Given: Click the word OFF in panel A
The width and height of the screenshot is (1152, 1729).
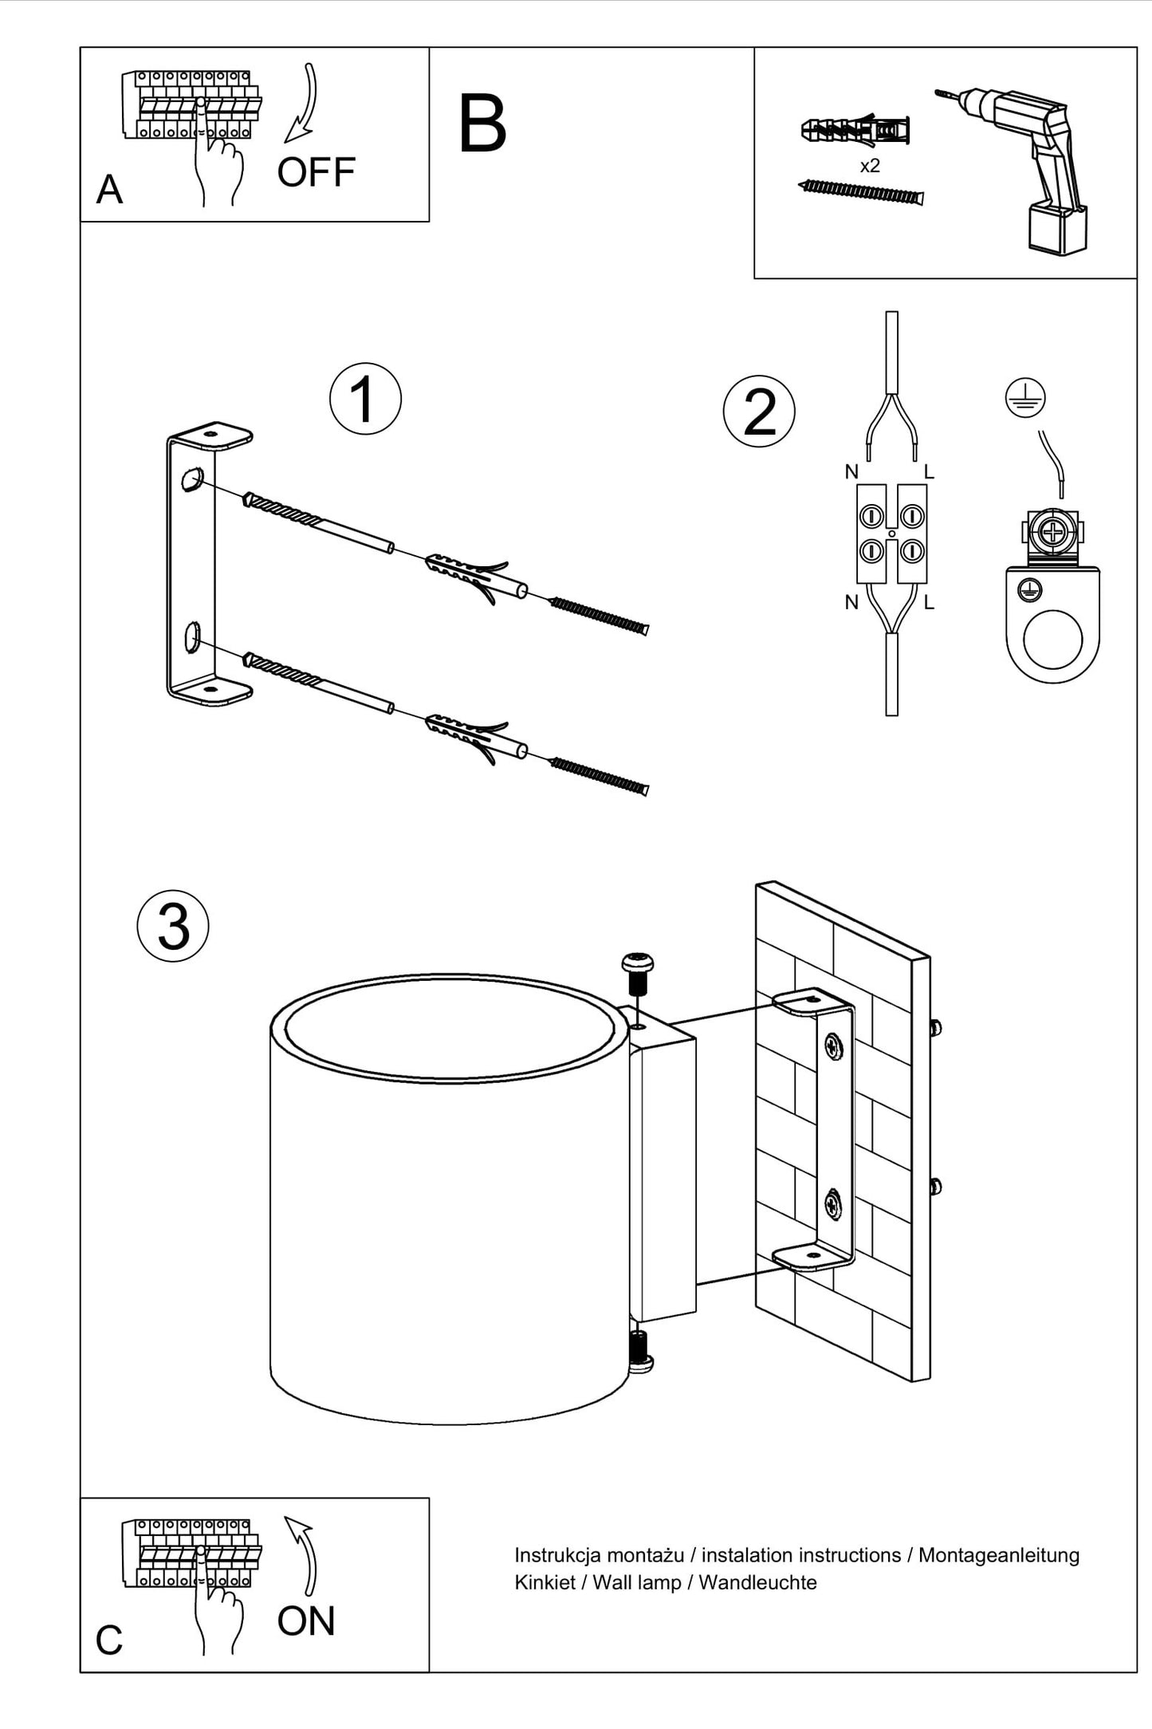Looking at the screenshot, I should (x=316, y=172).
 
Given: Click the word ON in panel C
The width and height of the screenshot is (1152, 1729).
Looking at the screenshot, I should (x=306, y=1621).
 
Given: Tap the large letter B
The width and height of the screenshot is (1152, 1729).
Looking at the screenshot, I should (x=482, y=124).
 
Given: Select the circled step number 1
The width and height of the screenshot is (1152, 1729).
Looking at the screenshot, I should (x=365, y=399).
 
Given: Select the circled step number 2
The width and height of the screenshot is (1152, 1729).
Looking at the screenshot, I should (x=759, y=412).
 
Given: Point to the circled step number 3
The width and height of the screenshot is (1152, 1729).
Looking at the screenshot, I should (x=173, y=926).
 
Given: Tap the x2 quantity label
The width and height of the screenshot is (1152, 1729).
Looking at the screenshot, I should (x=870, y=166).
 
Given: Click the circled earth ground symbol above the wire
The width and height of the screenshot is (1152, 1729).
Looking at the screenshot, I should (x=1025, y=397).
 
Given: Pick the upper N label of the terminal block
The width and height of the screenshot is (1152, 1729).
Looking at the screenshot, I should (x=851, y=472).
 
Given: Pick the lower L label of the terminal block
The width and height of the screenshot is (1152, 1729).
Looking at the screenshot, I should (x=929, y=603).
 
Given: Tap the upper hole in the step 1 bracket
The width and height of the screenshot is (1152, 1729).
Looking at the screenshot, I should (x=191, y=480).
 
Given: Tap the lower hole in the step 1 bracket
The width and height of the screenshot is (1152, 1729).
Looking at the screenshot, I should (x=191, y=637).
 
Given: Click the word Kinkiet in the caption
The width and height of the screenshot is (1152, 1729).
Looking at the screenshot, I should (x=545, y=1583).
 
